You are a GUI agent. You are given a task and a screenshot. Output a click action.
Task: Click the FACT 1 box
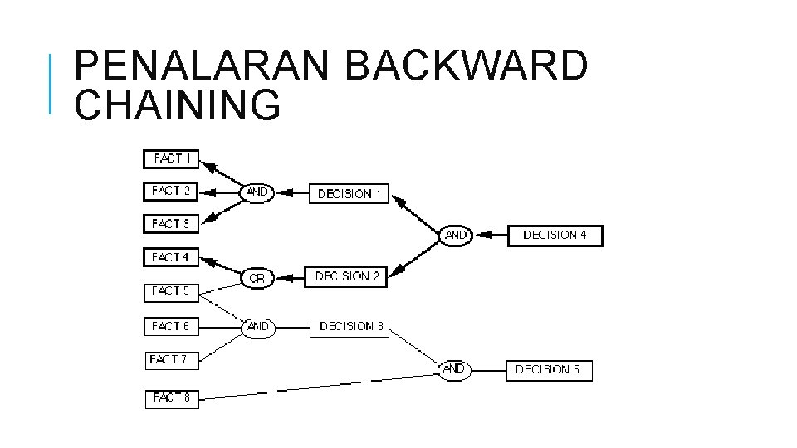pos(172,158)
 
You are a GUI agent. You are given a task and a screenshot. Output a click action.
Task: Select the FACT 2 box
pos(171,191)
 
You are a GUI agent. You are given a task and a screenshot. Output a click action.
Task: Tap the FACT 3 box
pos(171,224)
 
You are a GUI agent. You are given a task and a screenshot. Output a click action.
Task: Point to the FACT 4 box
pos(171,258)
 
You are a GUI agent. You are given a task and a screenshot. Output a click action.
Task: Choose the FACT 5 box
pos(171,291)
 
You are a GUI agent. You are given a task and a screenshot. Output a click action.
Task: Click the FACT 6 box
pos(171,327)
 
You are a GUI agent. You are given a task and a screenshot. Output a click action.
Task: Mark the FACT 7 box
pos(172,360)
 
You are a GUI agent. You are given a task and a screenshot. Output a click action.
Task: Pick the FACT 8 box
pos(172,398)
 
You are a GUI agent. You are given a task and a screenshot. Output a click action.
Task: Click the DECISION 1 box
pos(350,193)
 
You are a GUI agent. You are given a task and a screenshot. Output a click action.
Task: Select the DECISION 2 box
pos(348,276)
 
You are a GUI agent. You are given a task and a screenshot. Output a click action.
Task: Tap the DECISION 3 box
pos(351,327)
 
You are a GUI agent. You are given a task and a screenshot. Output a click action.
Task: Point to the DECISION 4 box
pos(555,236)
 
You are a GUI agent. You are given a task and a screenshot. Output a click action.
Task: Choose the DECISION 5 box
pos(549,370)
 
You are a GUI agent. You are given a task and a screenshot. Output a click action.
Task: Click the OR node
pos(257,279)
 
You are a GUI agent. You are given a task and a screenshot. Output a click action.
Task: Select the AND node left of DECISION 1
pos(257,192)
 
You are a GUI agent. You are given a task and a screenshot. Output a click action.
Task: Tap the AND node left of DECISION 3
pos(258,327)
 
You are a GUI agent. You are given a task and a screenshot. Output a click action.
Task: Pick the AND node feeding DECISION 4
pos(456,236)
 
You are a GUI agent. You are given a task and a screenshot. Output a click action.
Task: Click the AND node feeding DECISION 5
pos(454,369)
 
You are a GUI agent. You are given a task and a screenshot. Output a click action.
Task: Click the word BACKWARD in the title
pos(466,67)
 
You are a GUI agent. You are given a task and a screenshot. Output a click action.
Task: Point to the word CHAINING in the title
pos(178,105)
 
